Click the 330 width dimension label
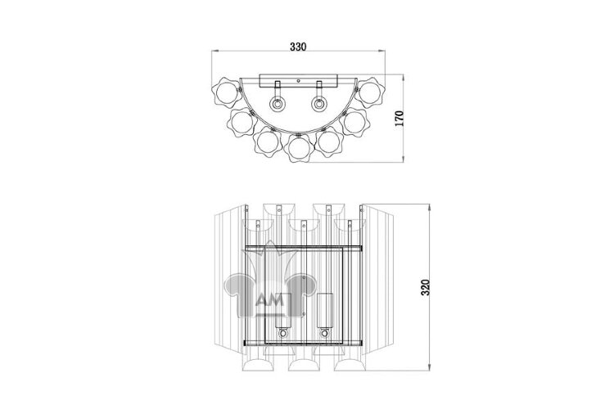click(298, 47)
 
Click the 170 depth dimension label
click(399, 118)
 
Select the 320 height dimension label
click(425, 287)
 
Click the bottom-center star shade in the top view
click(299, 147)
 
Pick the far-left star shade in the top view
click(227, 92)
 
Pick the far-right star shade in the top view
click(370, 92)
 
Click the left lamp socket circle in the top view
click(278, 104)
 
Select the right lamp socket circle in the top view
click(319, 104)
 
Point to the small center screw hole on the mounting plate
click(298, 81)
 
